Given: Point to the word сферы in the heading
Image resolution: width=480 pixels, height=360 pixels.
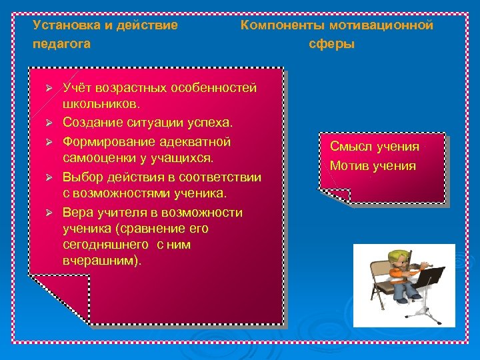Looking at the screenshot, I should pos(332,44).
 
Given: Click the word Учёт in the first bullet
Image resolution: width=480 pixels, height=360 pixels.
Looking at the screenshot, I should pos(77,88).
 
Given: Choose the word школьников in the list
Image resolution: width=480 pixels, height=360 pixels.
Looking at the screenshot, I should pos(99,105).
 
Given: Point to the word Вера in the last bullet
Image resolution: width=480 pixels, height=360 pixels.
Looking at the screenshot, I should pos(77,213).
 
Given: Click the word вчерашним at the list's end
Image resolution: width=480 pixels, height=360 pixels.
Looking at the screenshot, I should pos(101,261).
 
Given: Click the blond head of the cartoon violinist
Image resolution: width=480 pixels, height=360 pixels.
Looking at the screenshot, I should pos(398,258).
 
